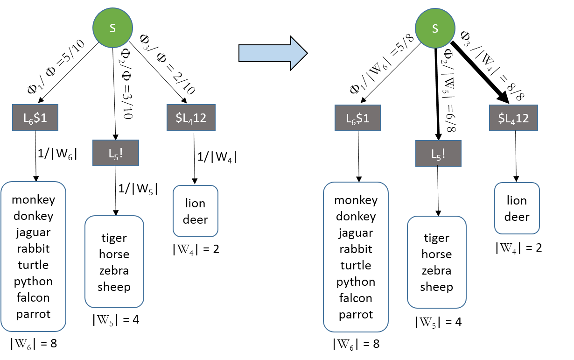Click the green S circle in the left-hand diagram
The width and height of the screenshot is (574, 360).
[x=113, y=28]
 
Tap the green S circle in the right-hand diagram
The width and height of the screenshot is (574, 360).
[x=435, y=28]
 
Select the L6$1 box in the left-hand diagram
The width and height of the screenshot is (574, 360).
[x=35, y=118]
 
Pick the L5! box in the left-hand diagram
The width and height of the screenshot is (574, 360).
[x=116, y=153]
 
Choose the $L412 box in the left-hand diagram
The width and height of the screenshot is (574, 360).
[x=191, y=118]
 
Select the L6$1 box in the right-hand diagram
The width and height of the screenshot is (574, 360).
[x=357, y=118]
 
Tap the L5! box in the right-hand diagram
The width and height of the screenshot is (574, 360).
[x=438, y=153]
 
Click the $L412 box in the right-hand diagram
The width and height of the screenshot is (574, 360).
[x=513, y=118]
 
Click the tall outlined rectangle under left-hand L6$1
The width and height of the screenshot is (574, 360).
[x=34, y=257]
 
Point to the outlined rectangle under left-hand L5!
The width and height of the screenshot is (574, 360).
[x=114, y=261]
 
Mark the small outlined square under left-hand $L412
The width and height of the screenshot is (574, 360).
[x=196, y=211]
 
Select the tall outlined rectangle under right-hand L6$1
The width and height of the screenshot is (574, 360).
[x=356, y=257]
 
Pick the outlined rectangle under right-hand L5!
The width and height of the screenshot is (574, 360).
[x=437, y=262]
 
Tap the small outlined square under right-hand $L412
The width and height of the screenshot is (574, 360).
[x=517, y=208]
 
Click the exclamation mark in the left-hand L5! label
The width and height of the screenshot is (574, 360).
[x=121, y=153]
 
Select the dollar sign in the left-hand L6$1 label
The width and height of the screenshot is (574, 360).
[x=36, y=118]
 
